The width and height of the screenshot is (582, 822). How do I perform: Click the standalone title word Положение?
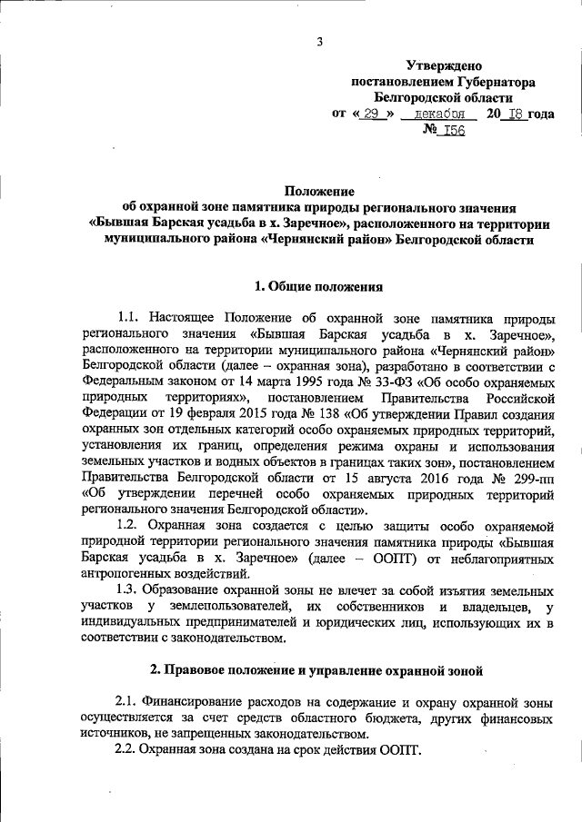point(316,191)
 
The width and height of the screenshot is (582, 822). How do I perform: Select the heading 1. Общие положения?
point(316,287)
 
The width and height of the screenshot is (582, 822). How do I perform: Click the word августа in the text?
point(409,478)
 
